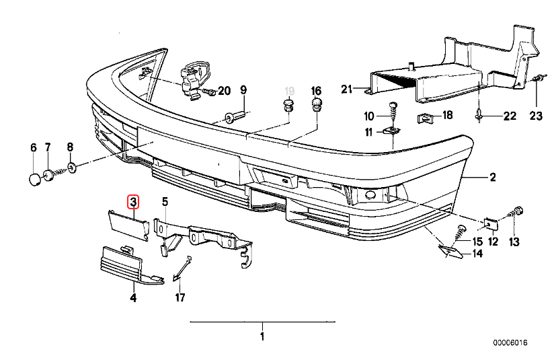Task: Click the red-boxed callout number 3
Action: point(133,201)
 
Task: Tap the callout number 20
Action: point(224,91)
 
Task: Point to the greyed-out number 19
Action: point(289,91)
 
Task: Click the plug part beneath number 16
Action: point(316,105)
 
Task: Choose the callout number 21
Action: point(346,89)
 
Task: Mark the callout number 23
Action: point(535,116)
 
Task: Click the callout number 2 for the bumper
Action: point(492,178)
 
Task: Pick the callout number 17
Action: point(180,297)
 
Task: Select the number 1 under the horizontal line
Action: point(262,336)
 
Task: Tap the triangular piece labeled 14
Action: point(450,252)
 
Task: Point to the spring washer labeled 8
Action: point(71,165)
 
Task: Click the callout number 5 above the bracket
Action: point(165,201)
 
